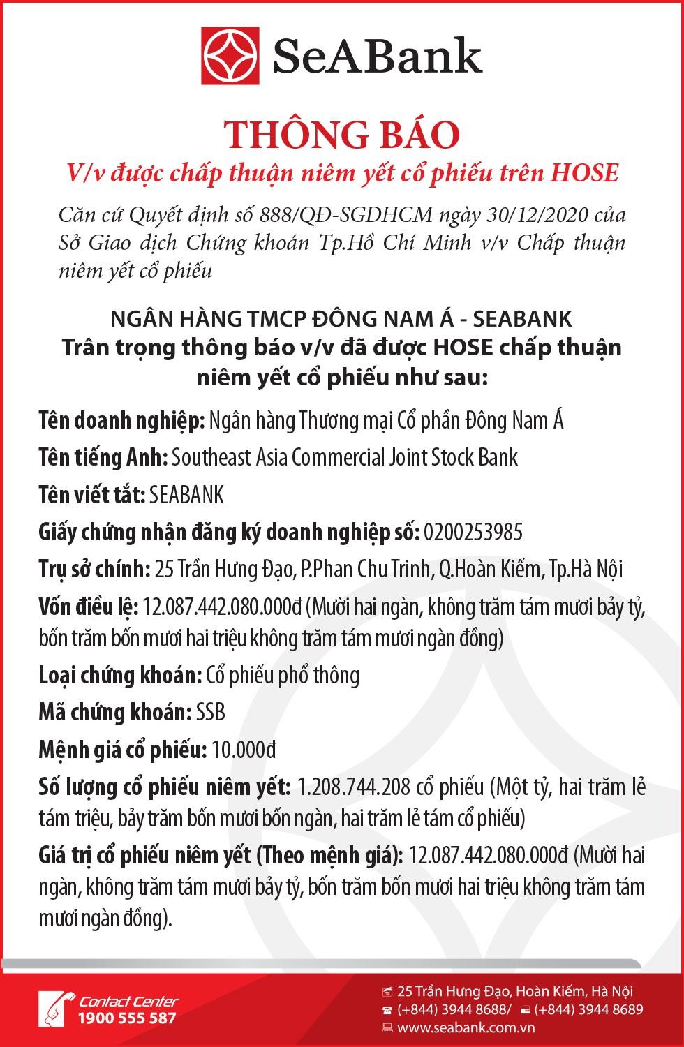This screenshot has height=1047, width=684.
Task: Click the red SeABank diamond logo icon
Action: (x=231, y=57)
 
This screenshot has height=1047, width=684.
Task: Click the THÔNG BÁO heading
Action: (x=341, y=135)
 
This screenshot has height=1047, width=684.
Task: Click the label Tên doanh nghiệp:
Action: (x=121, y=421)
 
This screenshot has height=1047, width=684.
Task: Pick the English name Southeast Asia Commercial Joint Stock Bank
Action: (x=345, y=458)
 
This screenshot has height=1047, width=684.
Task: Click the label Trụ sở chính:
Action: (x=94, y=570)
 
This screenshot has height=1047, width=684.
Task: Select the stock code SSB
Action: (x=211, y=713)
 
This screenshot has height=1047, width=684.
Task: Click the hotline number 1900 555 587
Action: (x=128, y=1018)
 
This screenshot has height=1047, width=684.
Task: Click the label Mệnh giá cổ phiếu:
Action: (x=123, y=750)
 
